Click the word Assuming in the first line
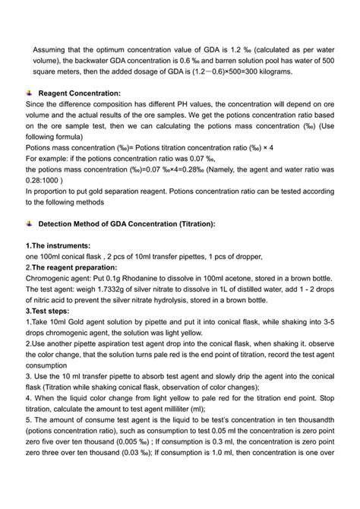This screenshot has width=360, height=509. point(50,49)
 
